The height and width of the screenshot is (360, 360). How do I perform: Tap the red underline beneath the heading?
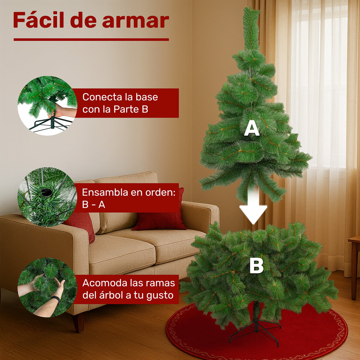pos(91,40)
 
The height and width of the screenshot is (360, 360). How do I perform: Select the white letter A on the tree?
pos(251,129)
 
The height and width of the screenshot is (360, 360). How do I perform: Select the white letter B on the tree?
pos(256,266)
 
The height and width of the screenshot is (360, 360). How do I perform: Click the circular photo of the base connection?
pos(47,105)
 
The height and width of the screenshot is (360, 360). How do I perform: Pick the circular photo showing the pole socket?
pos(47,197)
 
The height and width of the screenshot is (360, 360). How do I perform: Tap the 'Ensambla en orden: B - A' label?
pos(128,198)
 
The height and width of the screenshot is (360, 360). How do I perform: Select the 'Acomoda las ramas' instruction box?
pos(128,289)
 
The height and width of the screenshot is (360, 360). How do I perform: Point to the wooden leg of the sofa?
pos(79,322)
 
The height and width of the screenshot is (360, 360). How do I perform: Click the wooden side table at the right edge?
pos(355,264)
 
